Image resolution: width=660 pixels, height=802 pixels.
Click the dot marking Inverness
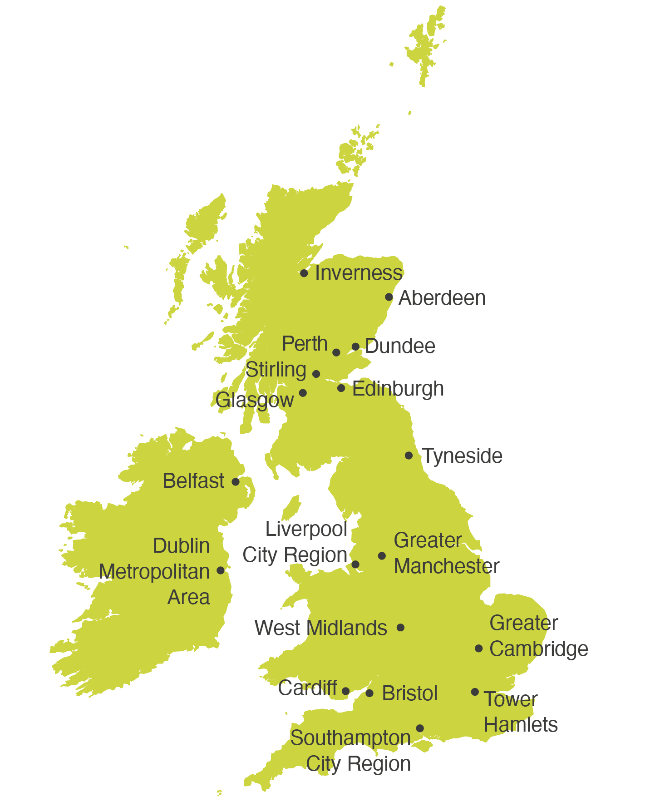[x=304, y=273]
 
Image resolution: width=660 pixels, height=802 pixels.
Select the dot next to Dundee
[x=356, y=347]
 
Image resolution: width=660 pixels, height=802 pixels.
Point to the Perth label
[x=305, y=344]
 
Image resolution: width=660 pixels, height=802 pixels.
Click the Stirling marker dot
[x=316, y=374]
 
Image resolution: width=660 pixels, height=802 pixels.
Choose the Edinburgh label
[x=398, y=389]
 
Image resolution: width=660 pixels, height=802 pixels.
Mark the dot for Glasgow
[x=303, y=393]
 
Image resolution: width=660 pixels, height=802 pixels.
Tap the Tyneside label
[x=462, y=456]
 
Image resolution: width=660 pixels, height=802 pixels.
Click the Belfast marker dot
[x=236, y=482]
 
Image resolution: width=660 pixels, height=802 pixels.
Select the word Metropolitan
[x=154, y=572]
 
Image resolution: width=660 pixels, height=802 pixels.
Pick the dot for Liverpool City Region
[x=356, y=564]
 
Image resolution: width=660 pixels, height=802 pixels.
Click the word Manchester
[x=446, y=566]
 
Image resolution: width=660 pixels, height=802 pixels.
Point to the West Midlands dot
[x=400, y=628]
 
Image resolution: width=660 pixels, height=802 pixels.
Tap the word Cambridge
[x=538, y=649]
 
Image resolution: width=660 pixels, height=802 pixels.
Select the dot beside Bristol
[x=369, y=693]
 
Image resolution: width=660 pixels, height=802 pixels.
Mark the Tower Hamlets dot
[x=475, y=692]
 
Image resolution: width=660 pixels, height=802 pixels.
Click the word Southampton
[x=350, y=738]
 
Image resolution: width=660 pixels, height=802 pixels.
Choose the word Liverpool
[x=306, y=530]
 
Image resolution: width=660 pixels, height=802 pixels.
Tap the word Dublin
[x=181, y=546]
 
